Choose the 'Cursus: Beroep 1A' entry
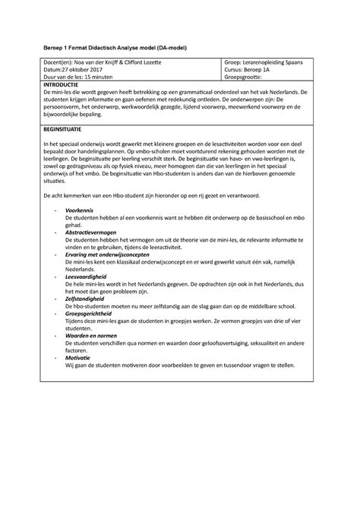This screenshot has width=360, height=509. click(x=248, y=68)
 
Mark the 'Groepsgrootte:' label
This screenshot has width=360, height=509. click(x=242, y=77)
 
